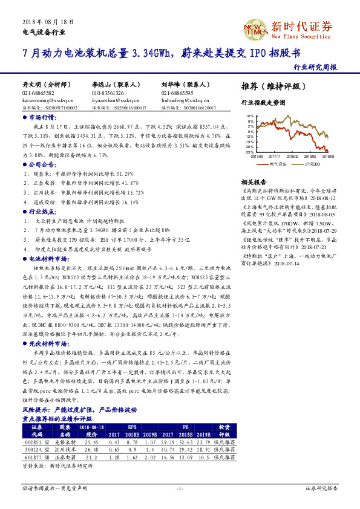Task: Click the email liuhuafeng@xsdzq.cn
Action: point(184,101)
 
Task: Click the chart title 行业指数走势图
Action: point(263,103)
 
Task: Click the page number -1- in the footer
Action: point(180,487)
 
